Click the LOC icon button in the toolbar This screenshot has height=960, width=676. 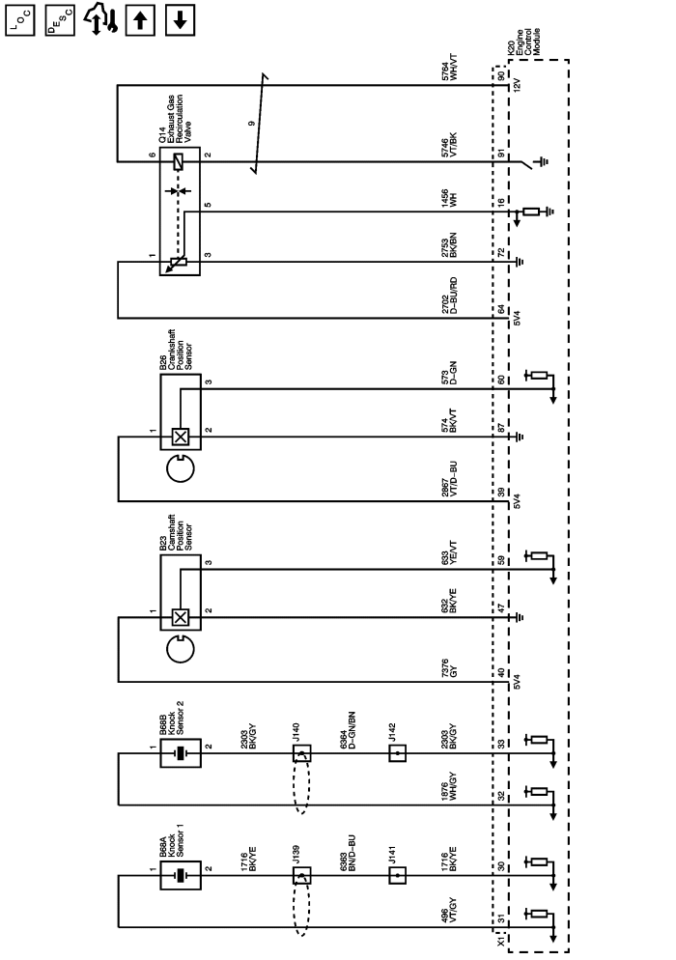tap(18, 18)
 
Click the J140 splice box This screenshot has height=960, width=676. tap(301, 753)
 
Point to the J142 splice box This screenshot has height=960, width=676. tap(397, 753)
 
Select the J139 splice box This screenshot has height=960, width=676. tap(301, 876)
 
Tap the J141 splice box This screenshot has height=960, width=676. tap(397, 876)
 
